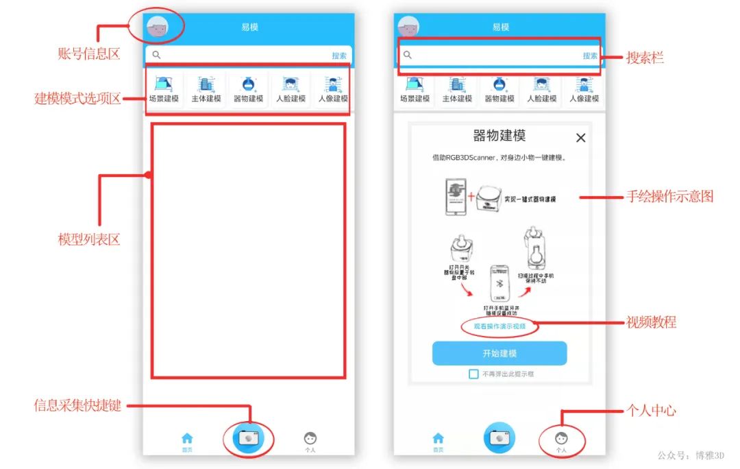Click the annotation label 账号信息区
[88, 54]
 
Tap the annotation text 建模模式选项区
[77, 99]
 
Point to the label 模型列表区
[88, 240]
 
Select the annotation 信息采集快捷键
[77, 405]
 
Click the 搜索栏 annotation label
[645, 58]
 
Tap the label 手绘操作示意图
[669, 197]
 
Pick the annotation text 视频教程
[651, 322]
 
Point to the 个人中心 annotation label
[651, 411]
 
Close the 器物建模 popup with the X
[580, 138]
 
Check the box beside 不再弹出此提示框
[473, 374]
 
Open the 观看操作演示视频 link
[500, 326]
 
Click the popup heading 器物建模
[500, 136]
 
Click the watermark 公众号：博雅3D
[691, 455]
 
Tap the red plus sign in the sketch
[471, 197]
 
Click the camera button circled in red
[248, 437]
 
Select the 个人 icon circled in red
[561, 439]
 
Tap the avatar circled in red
[157, 28]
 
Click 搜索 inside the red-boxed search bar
[590, 56]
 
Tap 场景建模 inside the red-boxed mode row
[164, 90]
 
